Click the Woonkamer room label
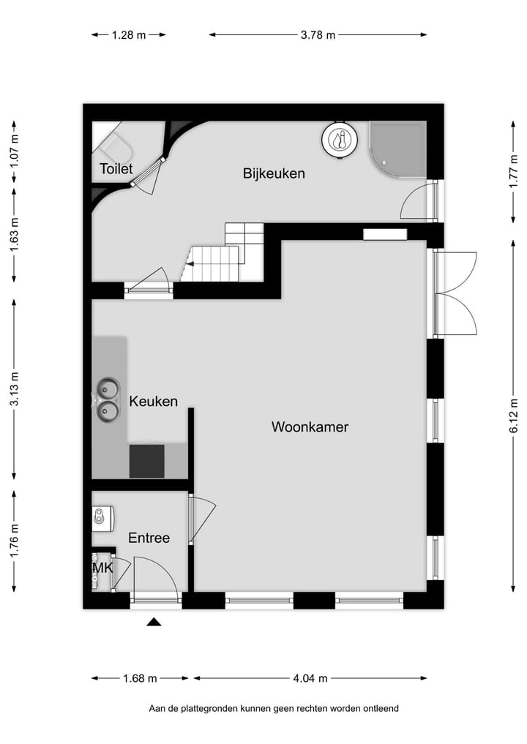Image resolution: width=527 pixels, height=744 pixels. (310, 427)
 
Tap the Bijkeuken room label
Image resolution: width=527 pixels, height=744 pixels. (274, 173)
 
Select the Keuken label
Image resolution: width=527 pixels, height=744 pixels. (154, 401)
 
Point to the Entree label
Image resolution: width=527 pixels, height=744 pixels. (149, 538)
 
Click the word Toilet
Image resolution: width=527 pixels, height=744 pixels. (116, 168)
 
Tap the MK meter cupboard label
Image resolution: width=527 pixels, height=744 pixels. (102, 567)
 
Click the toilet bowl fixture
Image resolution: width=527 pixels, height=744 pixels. (116, 146)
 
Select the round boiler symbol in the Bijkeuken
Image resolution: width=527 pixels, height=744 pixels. (340, 139)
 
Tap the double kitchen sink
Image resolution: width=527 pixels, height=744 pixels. (108, 400)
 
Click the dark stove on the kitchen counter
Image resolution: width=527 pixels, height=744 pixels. (147, 461)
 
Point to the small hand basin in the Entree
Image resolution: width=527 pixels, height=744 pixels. (102, 516)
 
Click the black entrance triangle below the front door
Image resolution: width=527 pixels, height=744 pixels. (154, 622)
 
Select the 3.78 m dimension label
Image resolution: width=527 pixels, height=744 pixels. (318, 34)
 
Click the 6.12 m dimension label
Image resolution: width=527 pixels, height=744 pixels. (513, 416)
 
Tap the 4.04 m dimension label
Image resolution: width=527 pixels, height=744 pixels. (310, 678)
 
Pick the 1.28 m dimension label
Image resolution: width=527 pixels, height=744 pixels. (129, 34)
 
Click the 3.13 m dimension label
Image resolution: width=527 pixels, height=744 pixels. (14, 389)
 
